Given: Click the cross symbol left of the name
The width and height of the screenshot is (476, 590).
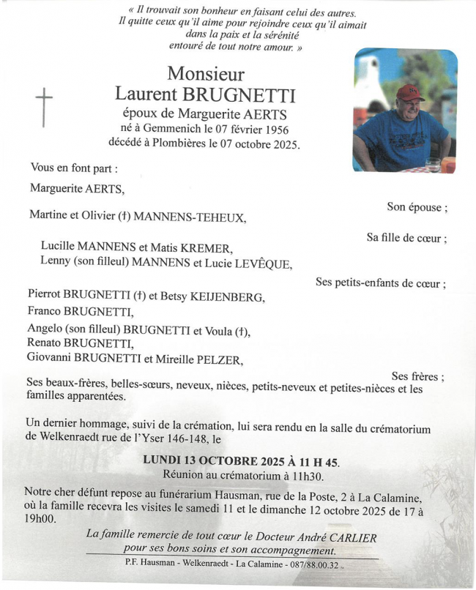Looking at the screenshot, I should pos(45,107).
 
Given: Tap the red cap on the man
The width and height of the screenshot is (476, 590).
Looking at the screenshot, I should pos(410,92).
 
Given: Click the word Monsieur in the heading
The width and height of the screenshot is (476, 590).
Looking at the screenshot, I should pos(206,74).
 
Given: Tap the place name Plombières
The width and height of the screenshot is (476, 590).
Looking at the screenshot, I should pos(184,143).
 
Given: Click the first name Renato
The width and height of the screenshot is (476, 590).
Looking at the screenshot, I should pos(46,343).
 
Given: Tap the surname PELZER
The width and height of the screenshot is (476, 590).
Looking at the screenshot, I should pos(216,359).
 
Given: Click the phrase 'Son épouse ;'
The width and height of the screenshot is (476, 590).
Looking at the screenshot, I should pos(417,207).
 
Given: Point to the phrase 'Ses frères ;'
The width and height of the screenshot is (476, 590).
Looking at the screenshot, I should pos(417,376).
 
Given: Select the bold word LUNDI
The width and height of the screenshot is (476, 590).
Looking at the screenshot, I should pos(163,461).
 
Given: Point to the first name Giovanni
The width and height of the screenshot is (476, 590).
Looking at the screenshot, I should pos(53,359).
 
